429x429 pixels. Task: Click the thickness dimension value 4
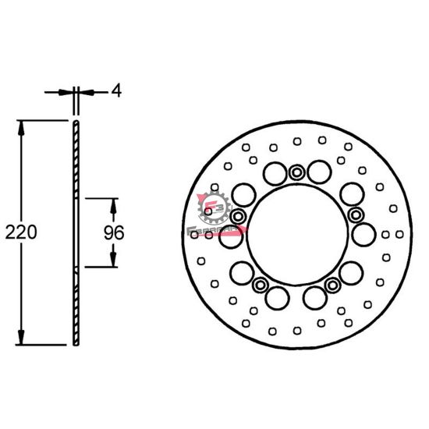[x=116, y=91]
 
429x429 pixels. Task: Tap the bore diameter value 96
[x=115, y=232]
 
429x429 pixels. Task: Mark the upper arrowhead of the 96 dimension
[x=113, y=205]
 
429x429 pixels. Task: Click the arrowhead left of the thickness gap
[x=69, y=92]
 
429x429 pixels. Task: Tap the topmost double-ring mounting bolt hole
[x=296, y=172]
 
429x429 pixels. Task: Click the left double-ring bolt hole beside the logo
[x=238, y=214]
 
